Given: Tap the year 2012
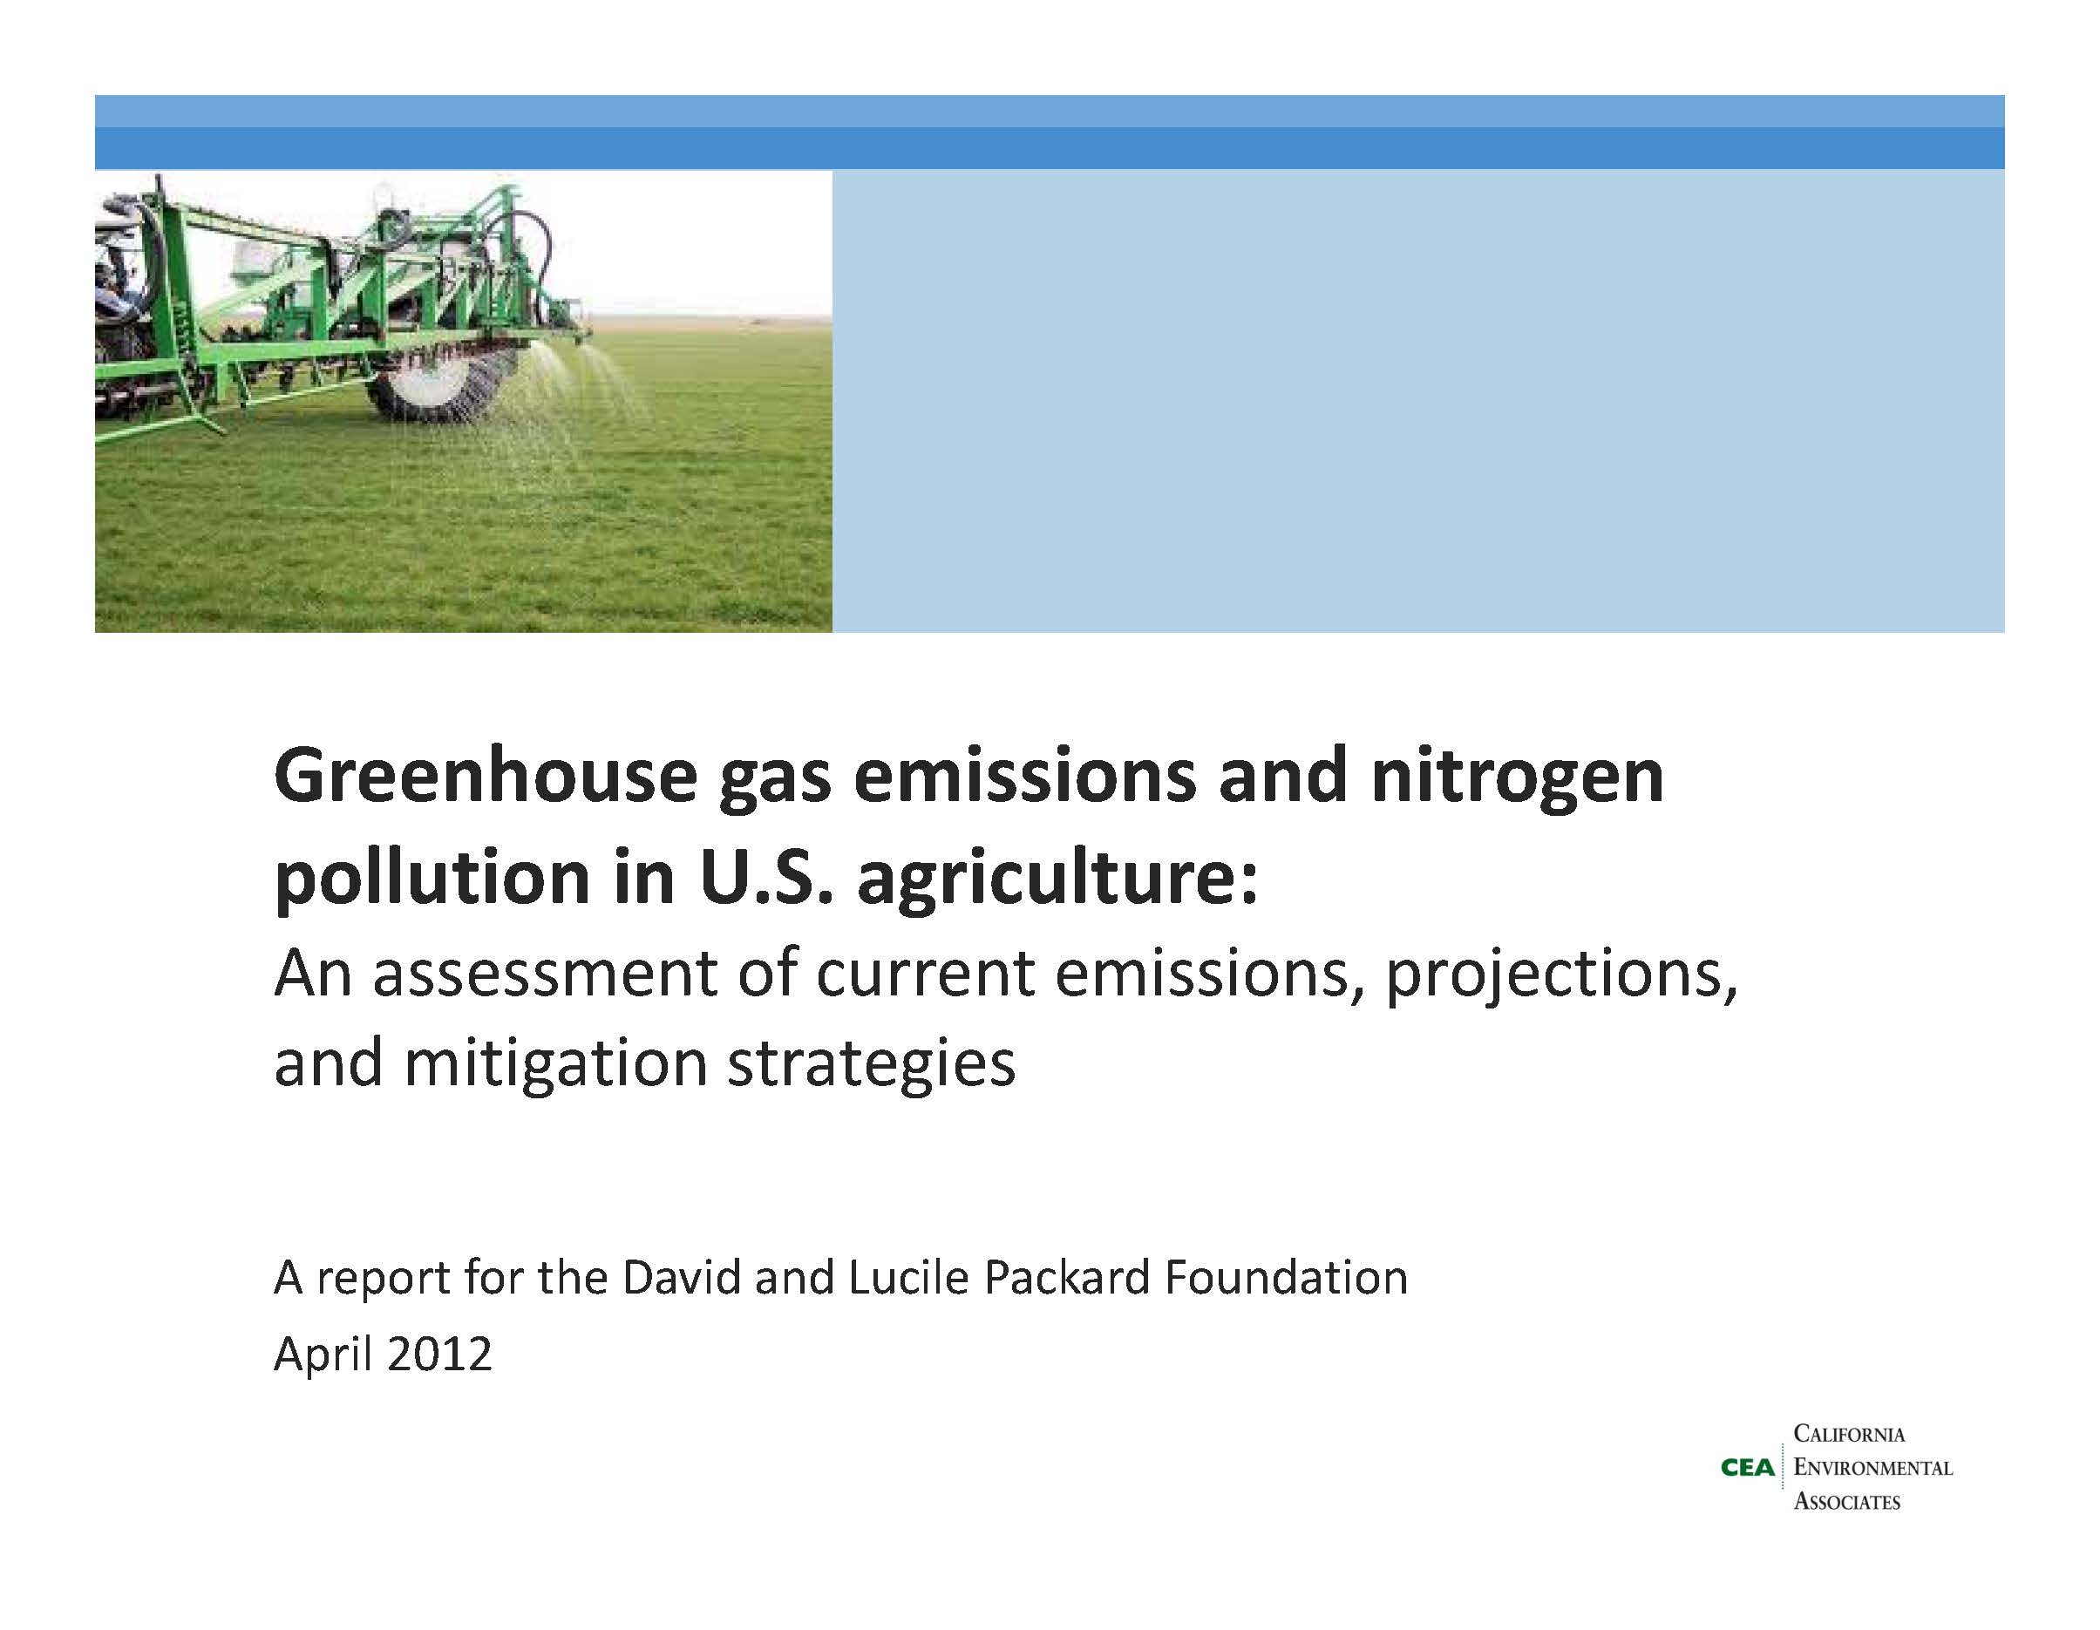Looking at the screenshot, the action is (438, 1355).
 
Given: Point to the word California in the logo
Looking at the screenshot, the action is (1849, 1435).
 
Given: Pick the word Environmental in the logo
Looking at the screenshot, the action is (1873, 1469).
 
